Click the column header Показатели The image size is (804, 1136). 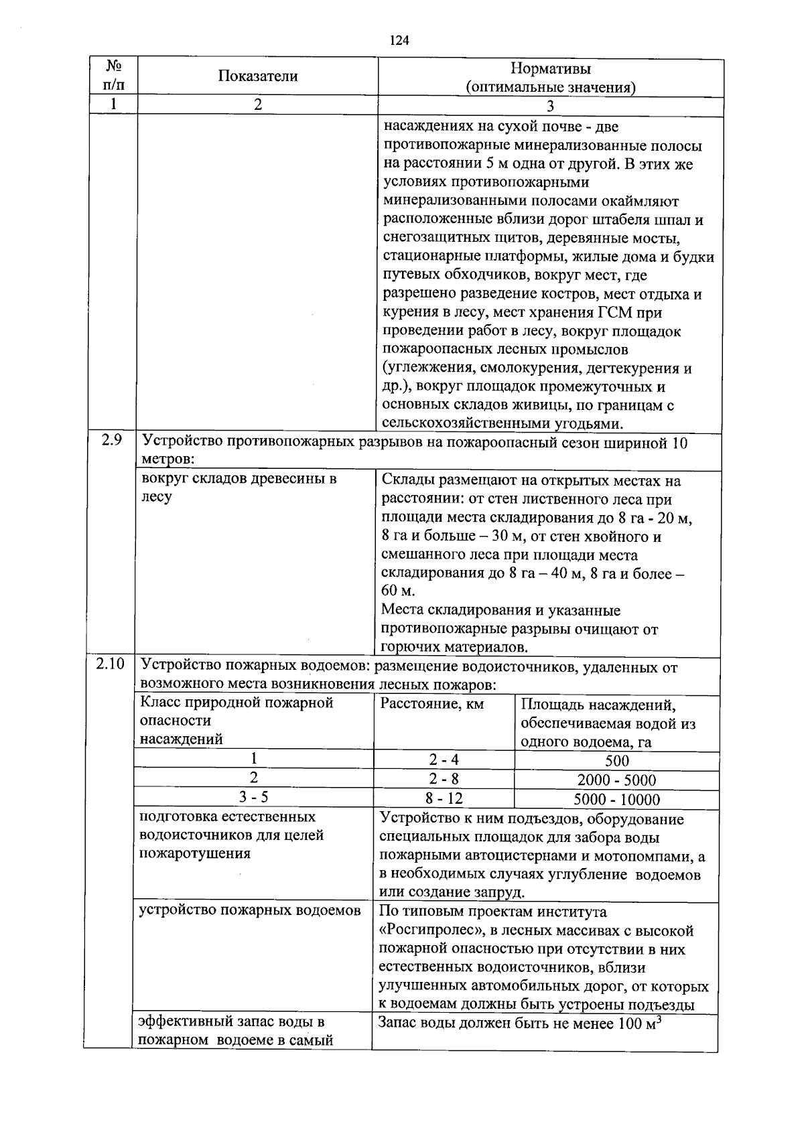coord(257,76)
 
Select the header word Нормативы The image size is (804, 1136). coord(551,68)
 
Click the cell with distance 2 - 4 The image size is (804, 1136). coord(444,760)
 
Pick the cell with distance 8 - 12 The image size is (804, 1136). coord(444,798)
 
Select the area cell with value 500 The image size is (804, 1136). coord(616,761)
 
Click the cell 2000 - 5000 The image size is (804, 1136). coord(616,780)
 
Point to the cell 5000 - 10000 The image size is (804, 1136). coord(616,799)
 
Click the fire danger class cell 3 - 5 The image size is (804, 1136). coord(253,796)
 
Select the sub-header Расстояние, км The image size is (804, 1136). coord(431,704)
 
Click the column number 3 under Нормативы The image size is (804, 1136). coord(550,106)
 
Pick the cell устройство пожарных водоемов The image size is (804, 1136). coord(249,910)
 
